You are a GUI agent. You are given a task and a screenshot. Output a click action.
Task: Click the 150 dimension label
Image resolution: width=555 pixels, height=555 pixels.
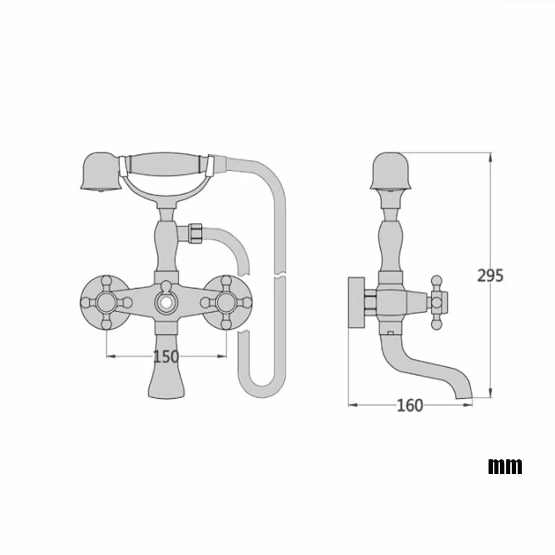coord(166,356)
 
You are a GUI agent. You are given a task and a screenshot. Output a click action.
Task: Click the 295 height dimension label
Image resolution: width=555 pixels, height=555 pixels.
coord(491,276)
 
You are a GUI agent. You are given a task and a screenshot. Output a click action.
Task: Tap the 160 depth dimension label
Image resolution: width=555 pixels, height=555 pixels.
coord(410,405)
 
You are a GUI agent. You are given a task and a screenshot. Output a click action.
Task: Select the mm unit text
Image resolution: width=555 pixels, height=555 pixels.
coord(505,466)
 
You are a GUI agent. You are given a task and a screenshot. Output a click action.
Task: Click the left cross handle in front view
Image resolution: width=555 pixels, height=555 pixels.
coord(106,303)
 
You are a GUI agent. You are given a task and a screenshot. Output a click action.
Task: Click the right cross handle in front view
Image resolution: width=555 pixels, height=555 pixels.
coord(226,303)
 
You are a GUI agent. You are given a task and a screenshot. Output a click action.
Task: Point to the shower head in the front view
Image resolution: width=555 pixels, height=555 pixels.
coord(101,172)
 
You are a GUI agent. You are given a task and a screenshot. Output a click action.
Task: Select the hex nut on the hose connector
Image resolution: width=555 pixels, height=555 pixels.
coord(195,233)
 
